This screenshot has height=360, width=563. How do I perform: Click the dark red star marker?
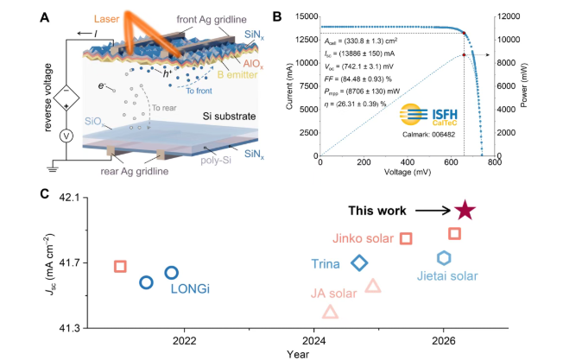tap(465, 211)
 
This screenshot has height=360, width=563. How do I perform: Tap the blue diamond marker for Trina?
tap(359, 263)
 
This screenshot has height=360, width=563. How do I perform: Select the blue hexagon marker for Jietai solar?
tap(444, 258)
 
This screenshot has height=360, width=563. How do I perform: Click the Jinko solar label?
tap(363, 238)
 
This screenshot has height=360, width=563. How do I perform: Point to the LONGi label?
tap(190, 288)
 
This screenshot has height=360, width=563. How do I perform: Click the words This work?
tap(377, 211)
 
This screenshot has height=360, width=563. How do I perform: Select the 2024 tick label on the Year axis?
tap(313, 340)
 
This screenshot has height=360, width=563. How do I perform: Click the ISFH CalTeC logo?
tap(428, 115)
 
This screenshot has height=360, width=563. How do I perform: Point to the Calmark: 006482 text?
tap(428, 135)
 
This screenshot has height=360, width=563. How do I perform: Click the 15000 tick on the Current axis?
tap(307, 16)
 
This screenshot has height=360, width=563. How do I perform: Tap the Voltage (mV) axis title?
tap(408, 172)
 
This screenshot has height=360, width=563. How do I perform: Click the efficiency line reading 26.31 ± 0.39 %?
tap(355, 104)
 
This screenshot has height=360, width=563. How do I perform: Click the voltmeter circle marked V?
tap(66, 136)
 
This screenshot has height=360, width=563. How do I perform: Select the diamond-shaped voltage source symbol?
tap(66, 98)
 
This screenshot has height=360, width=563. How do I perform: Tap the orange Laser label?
tap(106, 19)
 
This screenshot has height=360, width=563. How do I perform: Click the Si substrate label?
tap(229, 117)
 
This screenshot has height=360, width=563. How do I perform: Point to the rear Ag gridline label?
tap(135, 171)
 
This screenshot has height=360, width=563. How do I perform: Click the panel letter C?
tap(44, 194)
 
